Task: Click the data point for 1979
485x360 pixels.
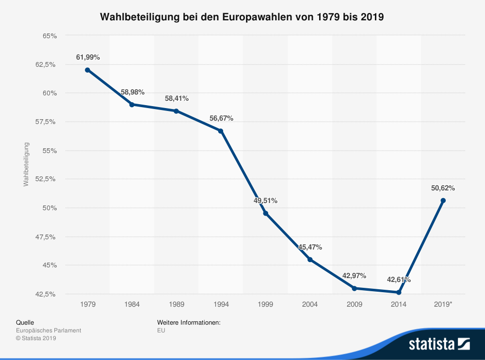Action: (87, 70)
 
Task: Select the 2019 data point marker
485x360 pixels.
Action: (443, 201)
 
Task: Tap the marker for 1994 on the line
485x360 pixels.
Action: (221, 131)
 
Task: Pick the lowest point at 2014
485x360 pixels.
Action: (399, 292)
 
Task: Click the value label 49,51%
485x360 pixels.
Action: (265, 201)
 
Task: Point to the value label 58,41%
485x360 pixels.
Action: (177, 98)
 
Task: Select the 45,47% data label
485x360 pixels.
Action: (310, 247)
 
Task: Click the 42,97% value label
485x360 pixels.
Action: (354, 276)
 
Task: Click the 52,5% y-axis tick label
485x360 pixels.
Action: (47, 179)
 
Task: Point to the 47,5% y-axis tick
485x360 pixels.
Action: (47, 236)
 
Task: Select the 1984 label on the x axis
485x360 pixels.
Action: (132, 304)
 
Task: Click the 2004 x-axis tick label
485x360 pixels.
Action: (309, 304)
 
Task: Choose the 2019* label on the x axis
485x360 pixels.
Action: (443, 304)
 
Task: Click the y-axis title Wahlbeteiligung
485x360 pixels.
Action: (27, 164)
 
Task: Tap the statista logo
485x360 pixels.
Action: (439, 344)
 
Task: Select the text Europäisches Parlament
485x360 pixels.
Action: (48, 330)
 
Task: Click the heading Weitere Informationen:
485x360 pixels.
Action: (189, 322)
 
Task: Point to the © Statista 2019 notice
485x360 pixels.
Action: (36, 338)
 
